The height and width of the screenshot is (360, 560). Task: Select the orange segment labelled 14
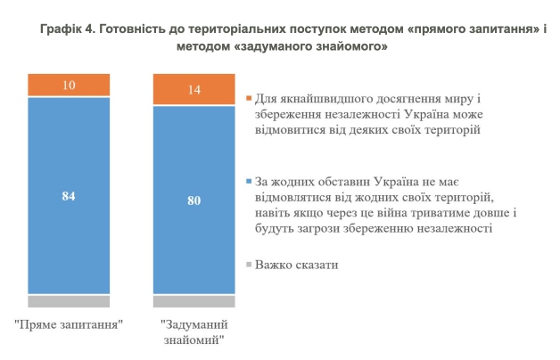[194, 90]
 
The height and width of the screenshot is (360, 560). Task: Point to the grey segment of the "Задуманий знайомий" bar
[194, 300]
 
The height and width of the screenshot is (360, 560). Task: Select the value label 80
[194, 200]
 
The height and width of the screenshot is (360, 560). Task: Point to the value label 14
[194, 90]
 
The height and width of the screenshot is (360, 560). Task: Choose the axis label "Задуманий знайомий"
[194, 331]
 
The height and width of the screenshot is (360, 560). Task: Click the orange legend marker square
[249, 97]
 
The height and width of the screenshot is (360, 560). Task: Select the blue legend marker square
[249, 182]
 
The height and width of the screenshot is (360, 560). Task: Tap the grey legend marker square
[249, 266]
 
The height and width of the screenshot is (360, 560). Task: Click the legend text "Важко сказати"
[296, 266]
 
